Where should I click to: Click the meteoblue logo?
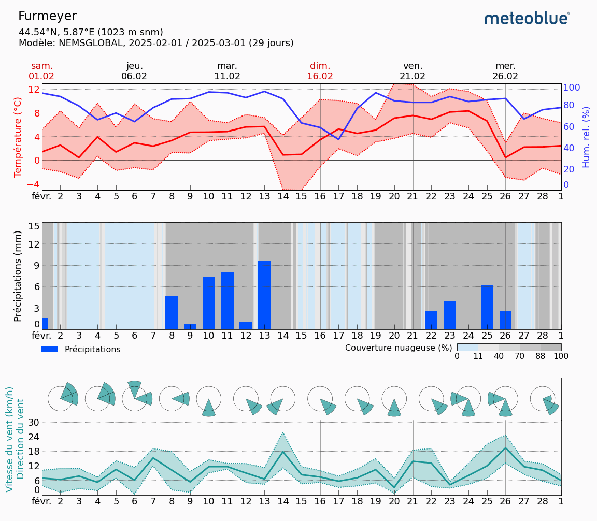(527, 19)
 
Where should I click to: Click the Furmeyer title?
(47, 16)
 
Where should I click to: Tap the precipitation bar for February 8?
(172, 313)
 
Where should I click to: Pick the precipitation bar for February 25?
(487, 307)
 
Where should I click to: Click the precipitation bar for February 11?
(228, 301)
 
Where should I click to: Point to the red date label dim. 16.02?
(320, 71)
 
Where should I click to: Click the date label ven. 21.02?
(413, 71)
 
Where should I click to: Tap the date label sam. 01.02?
(41, 71)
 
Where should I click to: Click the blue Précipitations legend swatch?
(50, 350)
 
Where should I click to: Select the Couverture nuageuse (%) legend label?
(399, 348)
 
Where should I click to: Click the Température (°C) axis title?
(18, 137)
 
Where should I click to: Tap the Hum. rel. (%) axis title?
(586, 137)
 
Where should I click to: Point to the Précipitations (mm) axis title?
(18, 276)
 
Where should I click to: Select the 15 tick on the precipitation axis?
(34, 226)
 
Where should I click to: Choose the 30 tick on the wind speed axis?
(34, 422)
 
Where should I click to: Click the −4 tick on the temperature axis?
(33, 184)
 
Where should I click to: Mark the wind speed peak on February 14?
(283, 452)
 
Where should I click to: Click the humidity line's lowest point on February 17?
(339, 139)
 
